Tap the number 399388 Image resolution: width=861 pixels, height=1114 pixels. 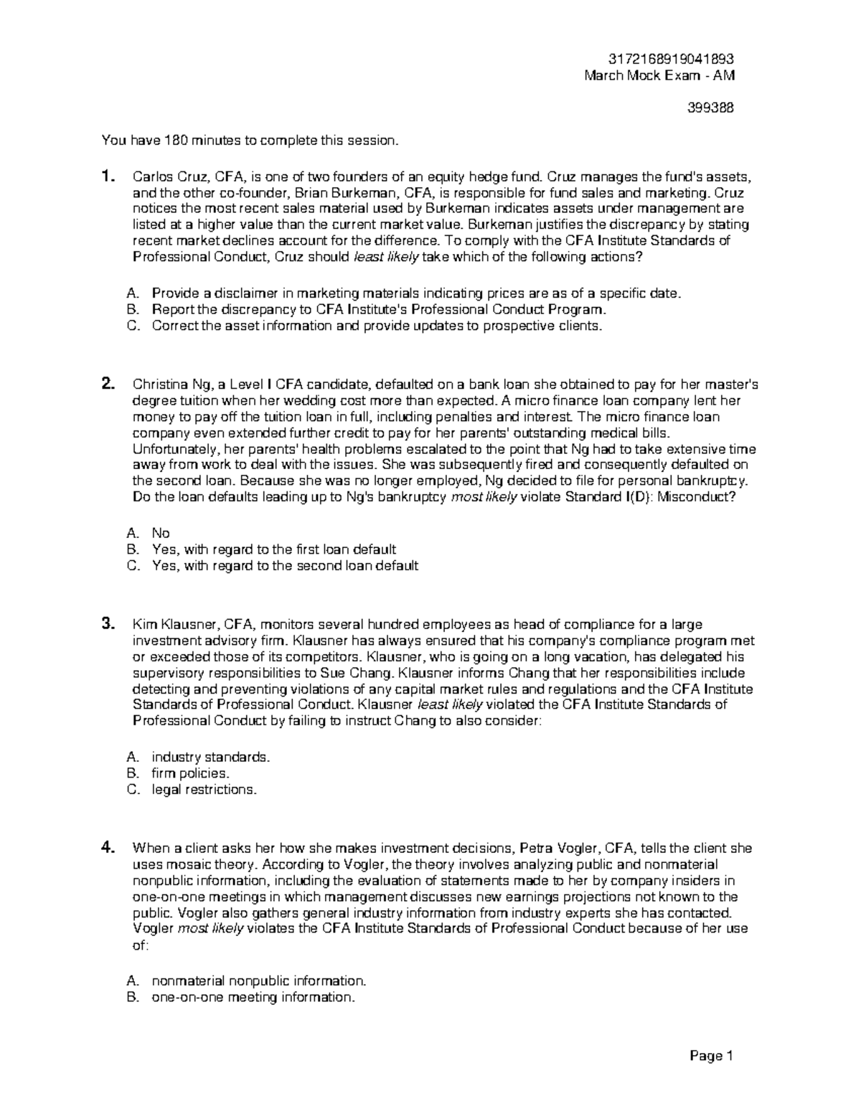710,108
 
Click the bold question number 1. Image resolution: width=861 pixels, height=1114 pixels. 107,176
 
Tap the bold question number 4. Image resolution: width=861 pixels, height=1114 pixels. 107,847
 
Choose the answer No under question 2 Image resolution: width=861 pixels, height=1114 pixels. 161,533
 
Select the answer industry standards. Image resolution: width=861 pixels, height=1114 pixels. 211,757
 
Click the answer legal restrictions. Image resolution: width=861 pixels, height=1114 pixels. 204,790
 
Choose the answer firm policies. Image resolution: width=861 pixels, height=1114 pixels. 190,773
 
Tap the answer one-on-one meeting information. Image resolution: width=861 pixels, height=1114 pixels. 253,997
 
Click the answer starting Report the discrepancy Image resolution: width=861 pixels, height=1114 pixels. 379,310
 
